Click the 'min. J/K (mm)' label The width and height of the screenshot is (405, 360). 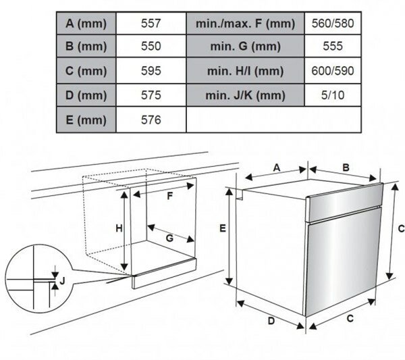245,95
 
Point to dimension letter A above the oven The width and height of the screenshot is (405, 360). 277,167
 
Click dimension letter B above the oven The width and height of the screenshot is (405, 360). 344,167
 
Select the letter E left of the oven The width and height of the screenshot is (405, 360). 221,230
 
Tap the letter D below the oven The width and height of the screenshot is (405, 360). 271,322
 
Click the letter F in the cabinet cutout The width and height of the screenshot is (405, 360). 170,196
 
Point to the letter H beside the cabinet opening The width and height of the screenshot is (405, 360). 118,228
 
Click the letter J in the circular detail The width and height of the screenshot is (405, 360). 62,279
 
